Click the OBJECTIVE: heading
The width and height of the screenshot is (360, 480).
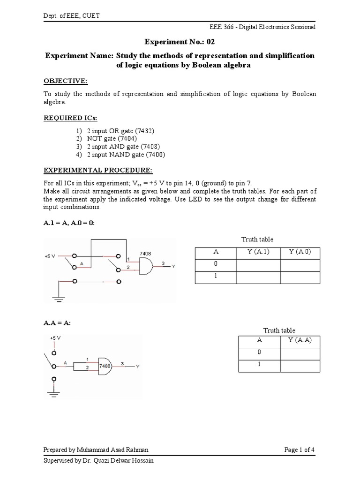coord(66,82)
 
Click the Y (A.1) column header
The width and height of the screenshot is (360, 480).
coord(258,252)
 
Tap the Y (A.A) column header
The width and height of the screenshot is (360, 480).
coord(300,341)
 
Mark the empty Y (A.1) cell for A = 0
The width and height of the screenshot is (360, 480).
coord(258,265)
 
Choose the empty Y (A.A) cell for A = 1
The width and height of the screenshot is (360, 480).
coord(300,366)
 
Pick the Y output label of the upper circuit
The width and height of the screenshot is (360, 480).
coord(173,266)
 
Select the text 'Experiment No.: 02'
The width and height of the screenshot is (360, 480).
coord(180,42)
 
